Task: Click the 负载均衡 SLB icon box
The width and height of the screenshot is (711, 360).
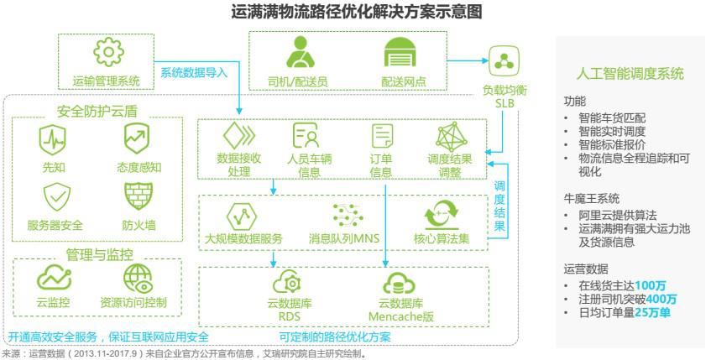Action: coord(504,60)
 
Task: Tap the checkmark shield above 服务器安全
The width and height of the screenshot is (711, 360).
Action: coord(55,196)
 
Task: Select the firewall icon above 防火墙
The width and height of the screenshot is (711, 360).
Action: coord(138,196)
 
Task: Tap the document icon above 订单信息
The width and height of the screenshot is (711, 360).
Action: coord(381,136)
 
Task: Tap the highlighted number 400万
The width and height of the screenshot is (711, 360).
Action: coord(661,299)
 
